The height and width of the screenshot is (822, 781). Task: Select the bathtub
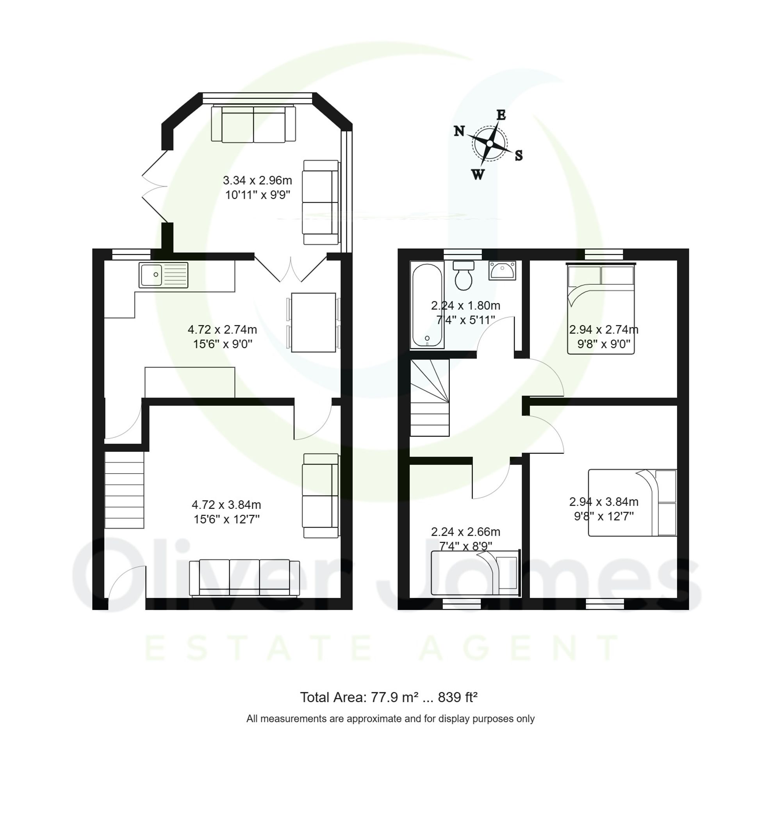pos(427,305)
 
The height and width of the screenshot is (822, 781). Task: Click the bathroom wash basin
pos(502,271)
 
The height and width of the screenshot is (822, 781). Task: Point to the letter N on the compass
pos(459,131)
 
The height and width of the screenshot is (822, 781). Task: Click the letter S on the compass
pos(518,156)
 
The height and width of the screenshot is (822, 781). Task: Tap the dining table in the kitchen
pos(314,322)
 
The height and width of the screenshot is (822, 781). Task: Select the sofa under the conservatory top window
pos(253,124)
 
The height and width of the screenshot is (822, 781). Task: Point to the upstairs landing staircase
pos(430,398)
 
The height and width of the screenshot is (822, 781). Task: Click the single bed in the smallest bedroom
pos(475,573)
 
